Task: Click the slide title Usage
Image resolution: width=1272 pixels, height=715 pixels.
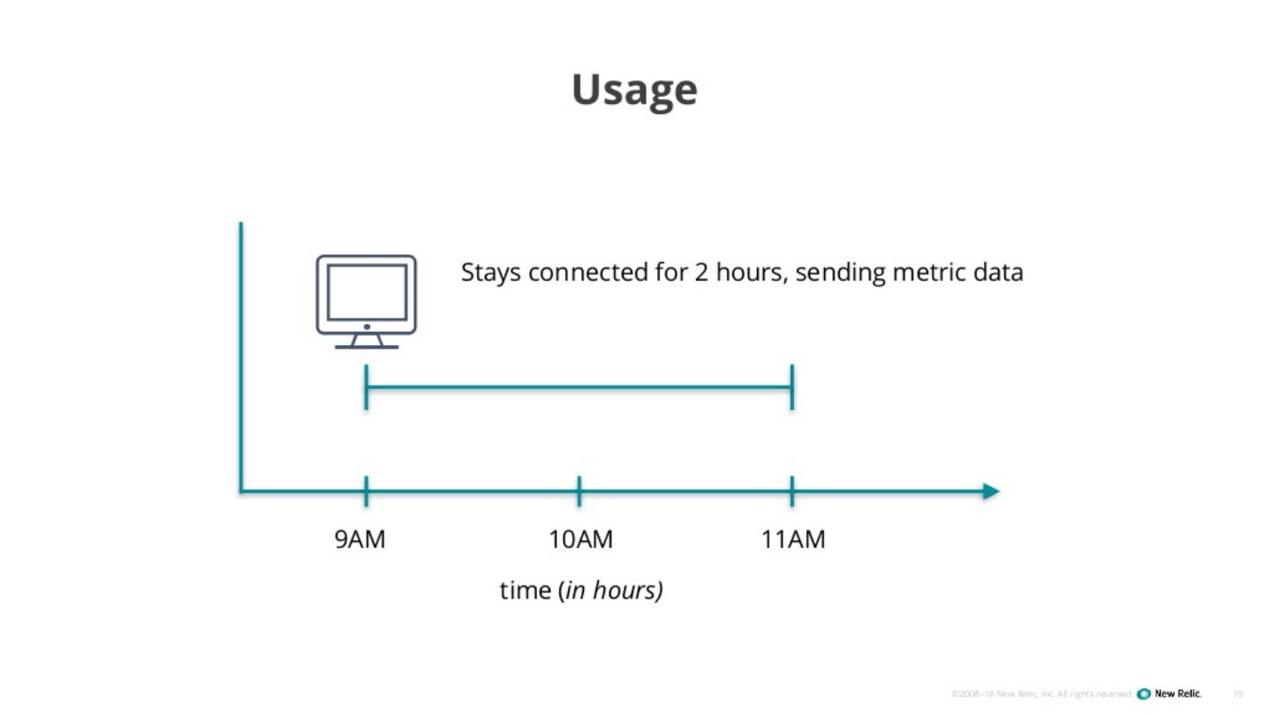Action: [x=634, y=90]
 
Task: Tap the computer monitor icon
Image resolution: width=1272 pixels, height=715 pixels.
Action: [x=367, y=301]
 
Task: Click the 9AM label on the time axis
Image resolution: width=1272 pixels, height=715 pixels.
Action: [x=360, y=539]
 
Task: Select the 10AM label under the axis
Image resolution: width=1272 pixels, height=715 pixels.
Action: [x=580, y=539]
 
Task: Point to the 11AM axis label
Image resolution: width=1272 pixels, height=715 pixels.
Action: [x=793, y=539]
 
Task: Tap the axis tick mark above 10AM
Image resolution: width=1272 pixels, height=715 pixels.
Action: [x=579, y=491]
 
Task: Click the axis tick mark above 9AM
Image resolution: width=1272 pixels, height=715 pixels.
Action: [x=366, y=491]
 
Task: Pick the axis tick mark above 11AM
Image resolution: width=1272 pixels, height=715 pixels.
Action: [x=792, y=491]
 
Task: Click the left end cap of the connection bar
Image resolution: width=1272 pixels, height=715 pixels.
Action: [x=366, y=387]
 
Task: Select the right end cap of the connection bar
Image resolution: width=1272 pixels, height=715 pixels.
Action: [x=792, y=387]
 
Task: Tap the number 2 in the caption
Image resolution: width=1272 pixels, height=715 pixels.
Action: [x=700, y=273]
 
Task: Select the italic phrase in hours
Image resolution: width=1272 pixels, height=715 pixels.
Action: [x=612, y=590]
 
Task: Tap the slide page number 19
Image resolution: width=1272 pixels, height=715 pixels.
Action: [x=1238, y=694]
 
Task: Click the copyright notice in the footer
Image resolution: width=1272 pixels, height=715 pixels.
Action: [x=1041, y=694]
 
